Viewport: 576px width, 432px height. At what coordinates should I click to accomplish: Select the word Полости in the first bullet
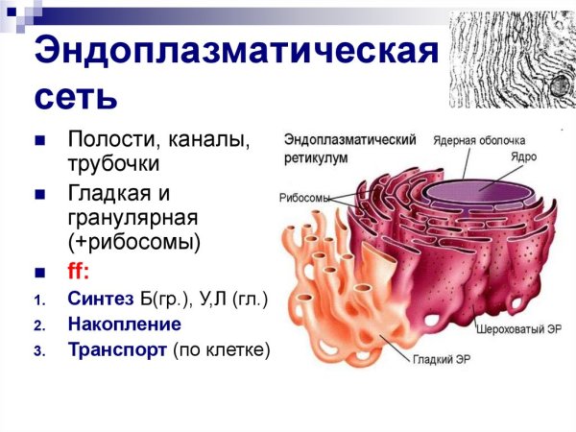108,141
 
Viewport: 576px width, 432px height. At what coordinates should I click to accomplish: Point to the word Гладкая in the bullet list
110,193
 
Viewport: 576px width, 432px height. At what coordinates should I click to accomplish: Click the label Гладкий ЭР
443,360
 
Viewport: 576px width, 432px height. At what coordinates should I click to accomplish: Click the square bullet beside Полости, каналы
40,142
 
